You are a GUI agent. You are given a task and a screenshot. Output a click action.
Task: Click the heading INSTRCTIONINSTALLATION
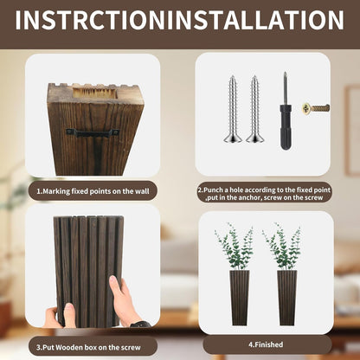[179, 20]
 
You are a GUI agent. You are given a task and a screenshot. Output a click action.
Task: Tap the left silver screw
[233, 108]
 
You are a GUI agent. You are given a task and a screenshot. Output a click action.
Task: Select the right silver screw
[254, 108]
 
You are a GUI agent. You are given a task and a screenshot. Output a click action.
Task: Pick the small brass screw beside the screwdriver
[316, 108]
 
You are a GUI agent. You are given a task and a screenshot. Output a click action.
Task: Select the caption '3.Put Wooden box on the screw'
[91, 345]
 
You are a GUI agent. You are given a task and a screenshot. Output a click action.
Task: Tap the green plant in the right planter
[286, 247]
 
